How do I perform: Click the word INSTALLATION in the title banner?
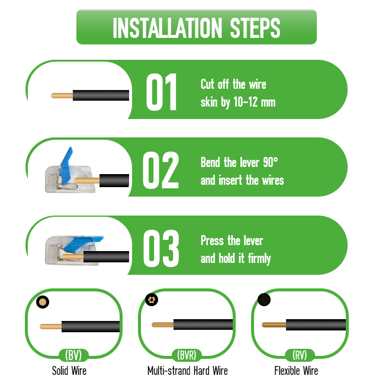tap(167, 28)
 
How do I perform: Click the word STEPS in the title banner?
tap(255, 28)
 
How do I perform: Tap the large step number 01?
tap(162, 92)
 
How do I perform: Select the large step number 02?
tap(160, 170)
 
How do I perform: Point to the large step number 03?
tap(161, 248)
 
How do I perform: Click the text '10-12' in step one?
tap(245, 102)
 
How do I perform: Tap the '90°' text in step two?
tap(271, 162)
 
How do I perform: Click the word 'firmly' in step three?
tap(259, 259)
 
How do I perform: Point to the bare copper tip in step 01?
tap(62, 96)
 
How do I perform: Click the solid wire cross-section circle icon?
tap(43, 302)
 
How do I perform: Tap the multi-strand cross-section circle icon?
tap(152, 300)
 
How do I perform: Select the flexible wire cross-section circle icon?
tap(264, 300)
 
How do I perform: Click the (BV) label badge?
tap(73, 355)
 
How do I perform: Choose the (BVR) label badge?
tap(187, 355)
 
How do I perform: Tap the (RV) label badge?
tap(300, 355)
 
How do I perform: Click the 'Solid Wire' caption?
tap(69, 371)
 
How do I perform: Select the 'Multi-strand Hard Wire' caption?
tap(188, 371)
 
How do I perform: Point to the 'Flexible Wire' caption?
tap(296, 371)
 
